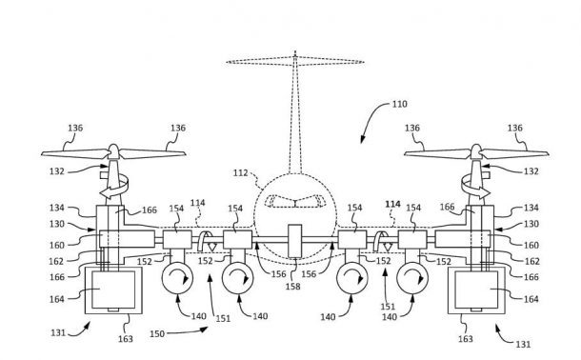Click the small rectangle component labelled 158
(294, 239)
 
